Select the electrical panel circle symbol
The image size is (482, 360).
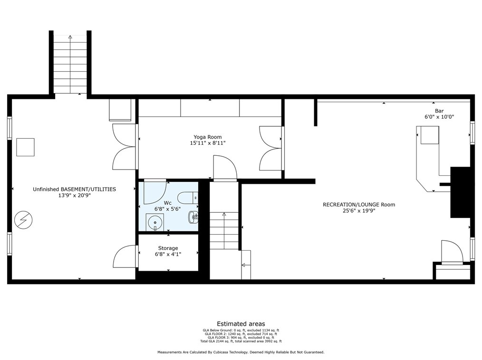pos(23,219)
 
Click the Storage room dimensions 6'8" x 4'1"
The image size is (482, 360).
pos(168,255)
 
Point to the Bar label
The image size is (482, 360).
pos(439,111)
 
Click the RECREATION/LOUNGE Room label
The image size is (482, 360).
pos(358,205)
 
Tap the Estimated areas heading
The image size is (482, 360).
pos(241,324)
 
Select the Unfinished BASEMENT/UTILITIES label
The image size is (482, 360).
pos(74,189)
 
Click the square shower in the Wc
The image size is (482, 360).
pos(155,222)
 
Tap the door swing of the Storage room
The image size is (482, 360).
pos(125,256)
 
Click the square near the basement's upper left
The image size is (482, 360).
pos(25,147)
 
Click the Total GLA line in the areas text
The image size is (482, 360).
pos(241,341)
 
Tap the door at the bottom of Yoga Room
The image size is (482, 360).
pos(225,169)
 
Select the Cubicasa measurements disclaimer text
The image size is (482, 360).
pos(241,352)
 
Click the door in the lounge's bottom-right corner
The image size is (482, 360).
pos(451,252)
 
